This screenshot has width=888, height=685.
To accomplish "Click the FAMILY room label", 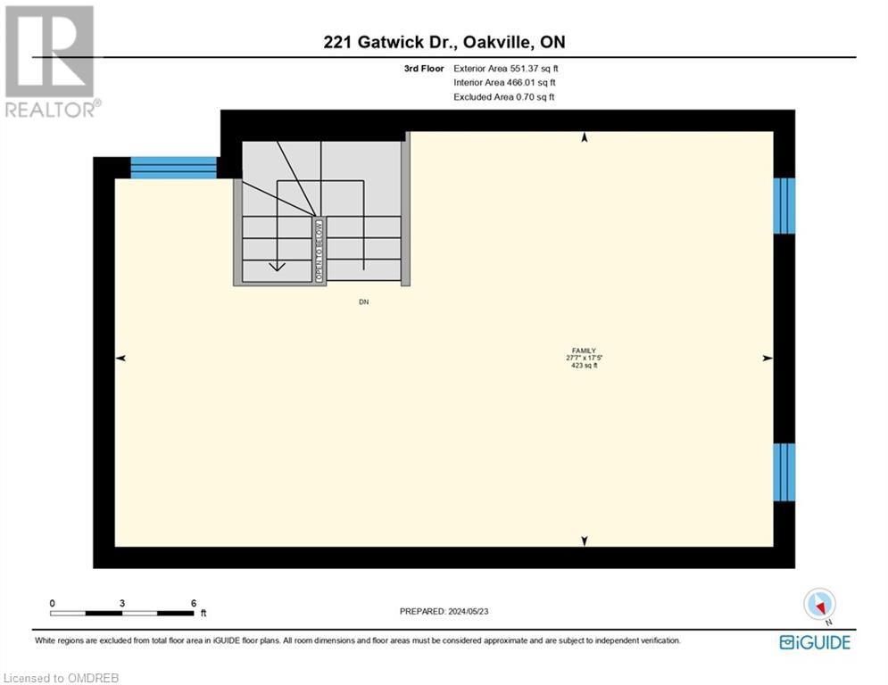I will (584, 351).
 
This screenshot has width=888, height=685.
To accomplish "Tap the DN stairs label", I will (363, 302).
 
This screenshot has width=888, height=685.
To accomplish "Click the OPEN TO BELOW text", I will (319, 251).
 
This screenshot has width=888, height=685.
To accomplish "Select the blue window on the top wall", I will (174, 168).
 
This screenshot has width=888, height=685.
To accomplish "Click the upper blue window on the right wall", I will (784, 205).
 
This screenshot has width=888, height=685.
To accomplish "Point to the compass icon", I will (818, 605).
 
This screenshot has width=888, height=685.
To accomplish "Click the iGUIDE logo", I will (814, 642).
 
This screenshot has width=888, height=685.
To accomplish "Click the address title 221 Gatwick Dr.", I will (443, 42).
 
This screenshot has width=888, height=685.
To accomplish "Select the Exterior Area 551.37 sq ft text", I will (506, 68).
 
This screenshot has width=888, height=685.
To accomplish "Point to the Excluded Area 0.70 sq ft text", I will (503, 96).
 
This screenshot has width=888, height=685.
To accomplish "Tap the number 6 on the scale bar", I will (194, 603).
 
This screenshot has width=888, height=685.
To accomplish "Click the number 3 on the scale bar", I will (122, 603).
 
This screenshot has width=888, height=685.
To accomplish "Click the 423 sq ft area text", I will (584, 365).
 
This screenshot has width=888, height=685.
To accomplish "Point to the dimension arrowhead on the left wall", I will (120, 358).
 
